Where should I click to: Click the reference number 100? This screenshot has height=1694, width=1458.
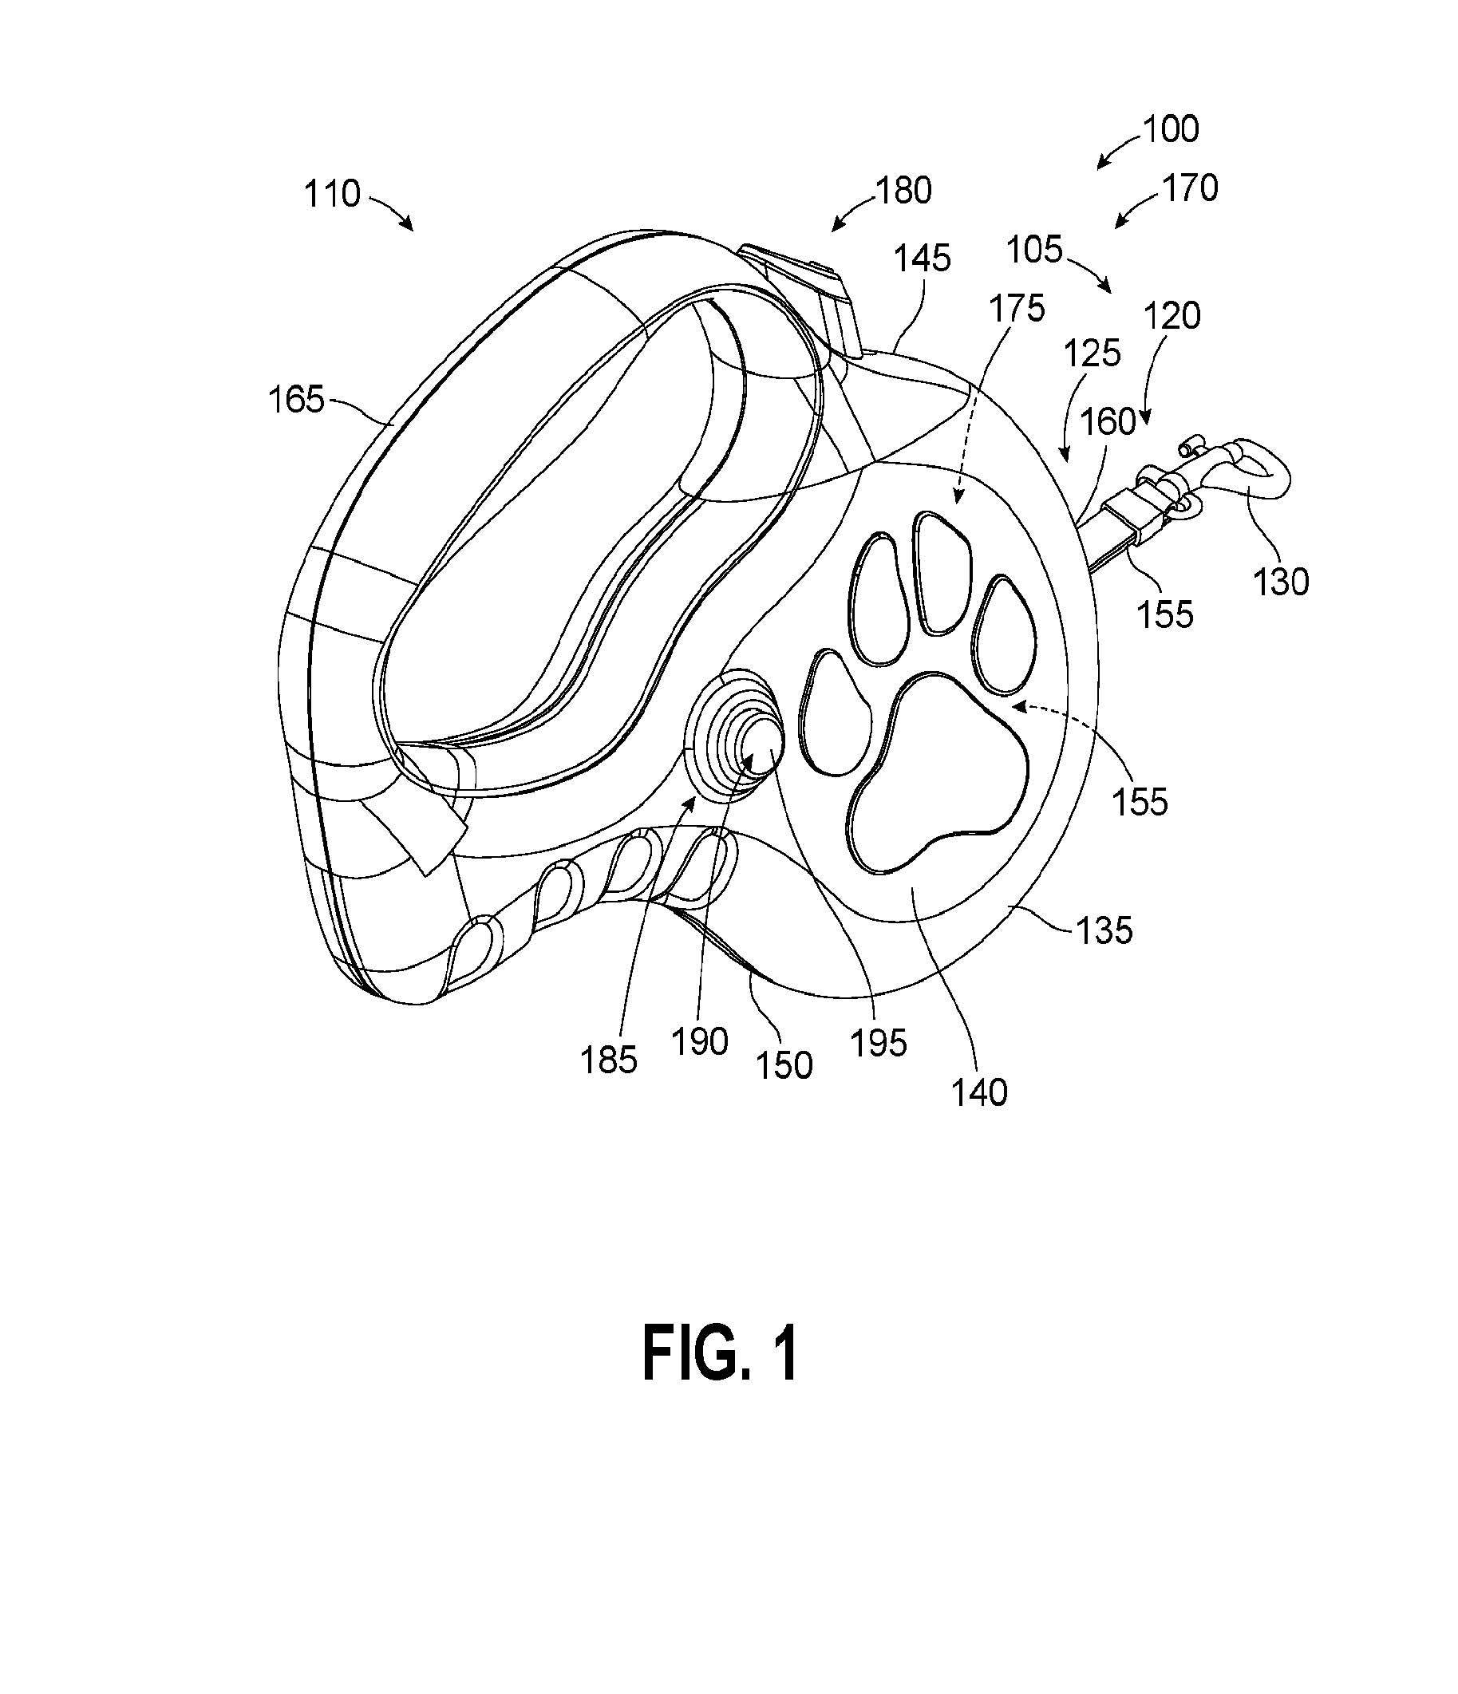(x=1170, y=129)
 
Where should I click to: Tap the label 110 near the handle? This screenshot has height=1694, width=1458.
(x=332, y=195)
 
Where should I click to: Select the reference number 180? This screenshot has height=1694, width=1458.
(x=903, y=192)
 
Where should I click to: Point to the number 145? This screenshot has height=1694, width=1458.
(x=923, y=259)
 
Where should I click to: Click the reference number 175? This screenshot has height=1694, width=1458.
(x=1017, y=308)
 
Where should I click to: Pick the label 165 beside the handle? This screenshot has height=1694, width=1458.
(x=297, y=401)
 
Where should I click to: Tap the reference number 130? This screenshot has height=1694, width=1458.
(x=1282, y=582)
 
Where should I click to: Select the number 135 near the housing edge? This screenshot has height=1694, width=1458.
(x=1104, y=930)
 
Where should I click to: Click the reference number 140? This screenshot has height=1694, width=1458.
(x=980, y=1093)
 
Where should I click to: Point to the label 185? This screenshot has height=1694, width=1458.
(x=609, y=1061)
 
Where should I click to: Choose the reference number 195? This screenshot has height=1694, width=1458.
(x=879, y=1043)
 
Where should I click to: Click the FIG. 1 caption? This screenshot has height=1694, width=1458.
(x=721, y=1356)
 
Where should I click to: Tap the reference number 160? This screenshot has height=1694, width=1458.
(x=1108, y=422)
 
